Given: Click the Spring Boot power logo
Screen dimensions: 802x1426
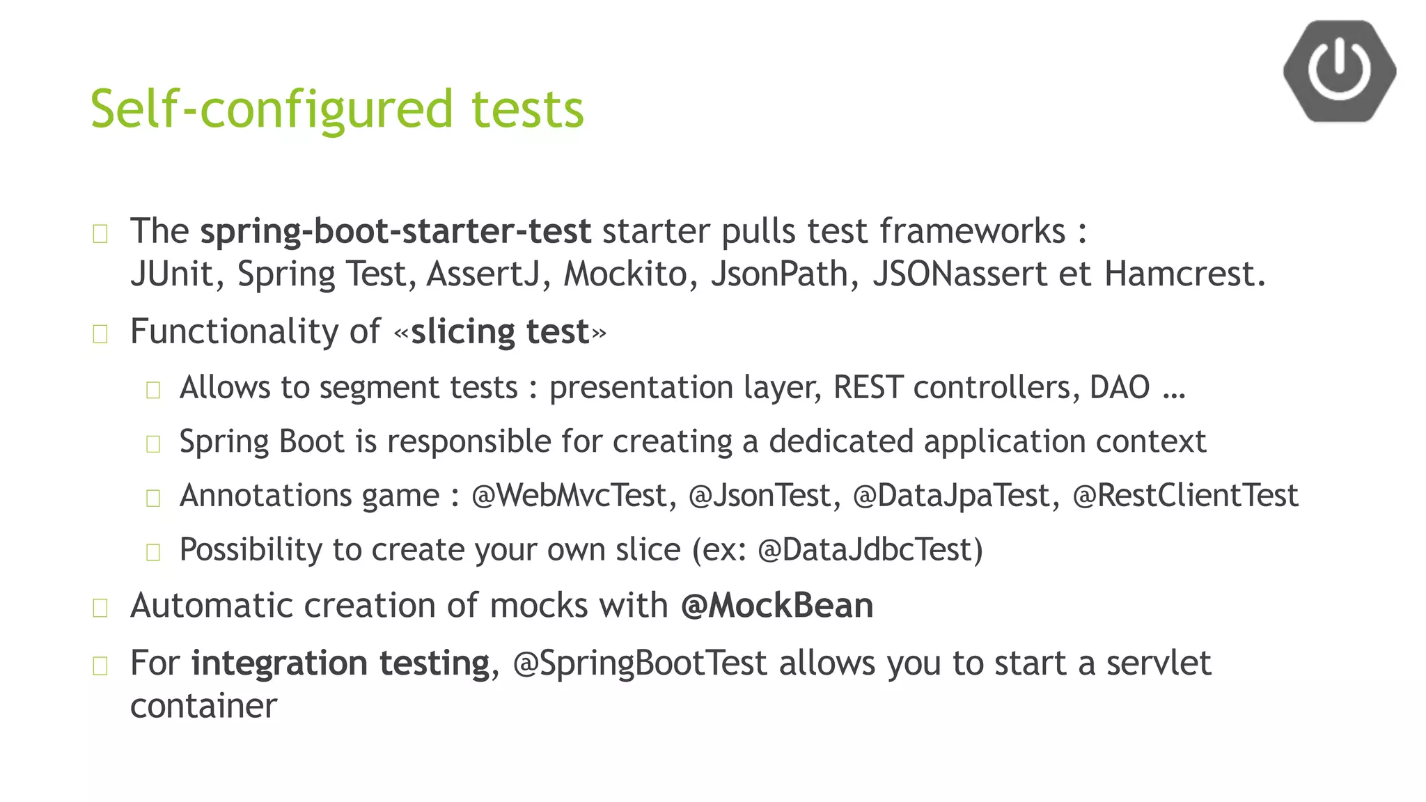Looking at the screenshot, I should pos(1339,71).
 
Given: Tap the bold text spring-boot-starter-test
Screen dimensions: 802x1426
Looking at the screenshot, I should pos(395,231).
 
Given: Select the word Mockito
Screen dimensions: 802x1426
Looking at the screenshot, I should pos(625,274).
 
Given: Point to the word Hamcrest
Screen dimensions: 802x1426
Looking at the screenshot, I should pos(1183,274).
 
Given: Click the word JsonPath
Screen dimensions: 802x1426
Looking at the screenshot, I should pos(779,274).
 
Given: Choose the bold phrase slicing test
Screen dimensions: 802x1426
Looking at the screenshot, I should pos(500,331).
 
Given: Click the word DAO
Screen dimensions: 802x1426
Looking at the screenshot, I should pos(1119,387).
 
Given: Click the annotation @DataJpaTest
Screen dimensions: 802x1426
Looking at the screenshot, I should pos(950,496).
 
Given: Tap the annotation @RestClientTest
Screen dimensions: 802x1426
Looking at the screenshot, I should pos(1185,496).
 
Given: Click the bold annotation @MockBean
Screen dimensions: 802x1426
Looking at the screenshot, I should pos(776,605).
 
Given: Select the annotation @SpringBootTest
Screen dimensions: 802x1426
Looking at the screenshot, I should pos(639,663).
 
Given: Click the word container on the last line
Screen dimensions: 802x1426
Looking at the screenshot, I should pos(203,706).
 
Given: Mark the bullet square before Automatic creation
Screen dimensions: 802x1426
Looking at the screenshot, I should pos(100,608).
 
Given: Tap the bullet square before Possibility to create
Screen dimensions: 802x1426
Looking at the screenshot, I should pos(153,553).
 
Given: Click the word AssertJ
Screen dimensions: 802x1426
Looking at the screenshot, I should pos(483,274).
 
